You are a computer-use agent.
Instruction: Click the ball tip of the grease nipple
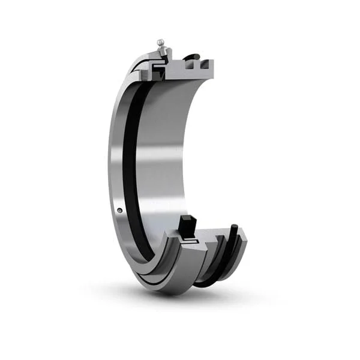[x=160, y=42]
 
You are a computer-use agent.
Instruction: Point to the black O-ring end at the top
[x=191, y=58]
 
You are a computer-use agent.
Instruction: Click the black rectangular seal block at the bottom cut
[x=186, y=226]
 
